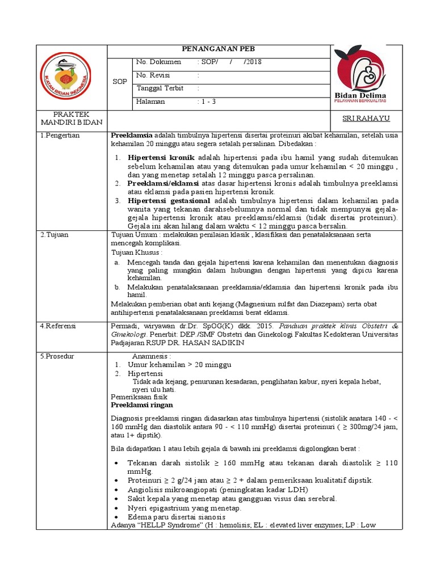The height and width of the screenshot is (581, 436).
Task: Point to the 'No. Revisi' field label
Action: click(154, 75)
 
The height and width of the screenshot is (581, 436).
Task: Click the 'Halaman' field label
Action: click(151, 102)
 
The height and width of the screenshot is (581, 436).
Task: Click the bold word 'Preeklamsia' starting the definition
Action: click(132, 136)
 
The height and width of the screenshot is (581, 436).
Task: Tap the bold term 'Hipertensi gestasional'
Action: click(169, 201)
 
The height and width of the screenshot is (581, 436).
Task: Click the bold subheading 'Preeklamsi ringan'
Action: click(142, 406)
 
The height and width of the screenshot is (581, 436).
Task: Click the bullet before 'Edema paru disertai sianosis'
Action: click(116, 517)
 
